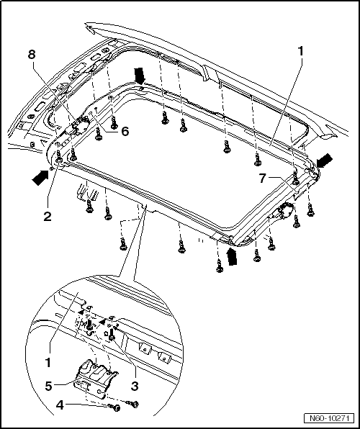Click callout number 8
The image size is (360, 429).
click(32, 55)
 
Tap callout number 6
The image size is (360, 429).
click(125, 132)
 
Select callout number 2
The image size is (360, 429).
click(48, 217)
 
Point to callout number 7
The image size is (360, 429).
click(262, 179)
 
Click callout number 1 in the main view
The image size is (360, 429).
click(300, 51)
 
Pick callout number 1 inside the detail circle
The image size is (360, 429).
click(48, 363)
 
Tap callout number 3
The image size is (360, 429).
click(134, 387)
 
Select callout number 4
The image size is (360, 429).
click(60, 405)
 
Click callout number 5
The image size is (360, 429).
click(49, 387)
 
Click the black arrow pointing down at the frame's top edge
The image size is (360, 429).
click(140, 76)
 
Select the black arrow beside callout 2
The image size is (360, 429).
click(40, 177)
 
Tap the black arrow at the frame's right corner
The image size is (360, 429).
click(325, 161)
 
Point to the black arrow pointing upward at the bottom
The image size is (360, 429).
click(232, 257)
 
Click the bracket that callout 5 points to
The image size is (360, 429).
click(96, 377)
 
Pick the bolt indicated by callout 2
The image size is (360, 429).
click(59, 158)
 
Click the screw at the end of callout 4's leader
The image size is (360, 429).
click(115, 407)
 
